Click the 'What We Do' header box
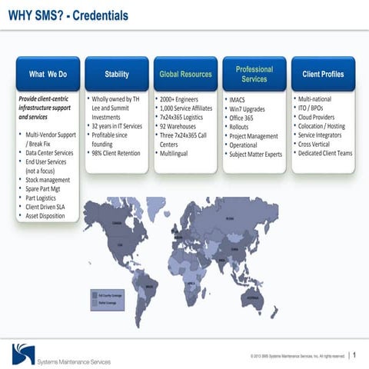(48, 75)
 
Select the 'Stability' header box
(117, 75)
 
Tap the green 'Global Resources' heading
(185, 75)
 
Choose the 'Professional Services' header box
(254, 74)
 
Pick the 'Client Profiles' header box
(323, 75)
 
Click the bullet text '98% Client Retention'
(116, 153)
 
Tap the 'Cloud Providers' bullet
(321, 118)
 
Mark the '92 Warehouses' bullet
(178, 126)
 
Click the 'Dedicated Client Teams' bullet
(325, 153)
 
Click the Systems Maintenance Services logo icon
(23, 354)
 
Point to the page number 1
(354, 355)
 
